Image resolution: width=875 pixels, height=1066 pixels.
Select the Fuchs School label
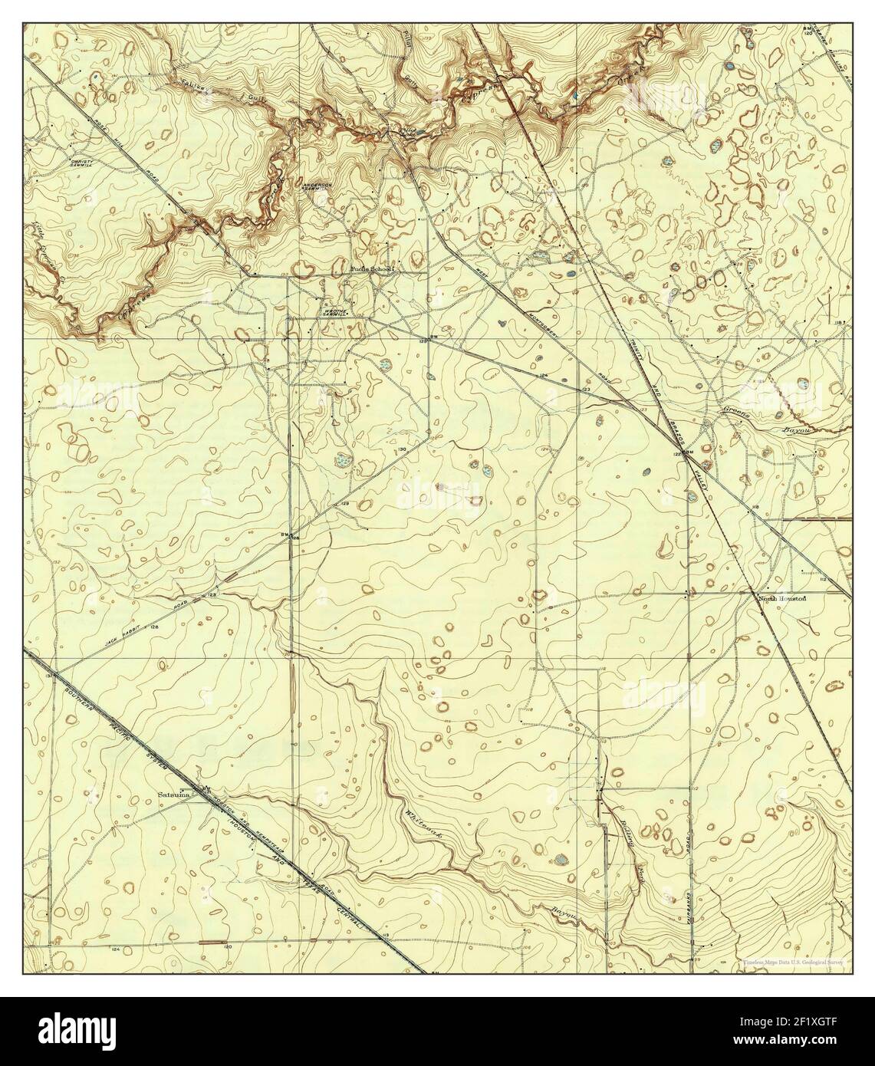371,269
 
